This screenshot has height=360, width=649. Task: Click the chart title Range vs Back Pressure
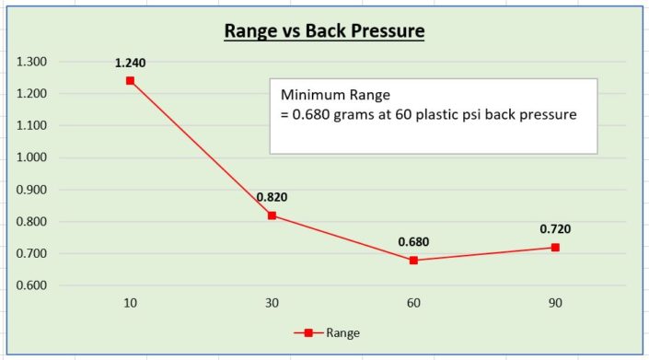point(324,31)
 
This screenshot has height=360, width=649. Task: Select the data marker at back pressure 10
point(130,81)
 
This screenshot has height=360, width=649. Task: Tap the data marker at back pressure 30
point(272,215)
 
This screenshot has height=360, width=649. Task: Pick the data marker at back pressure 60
point(413,261)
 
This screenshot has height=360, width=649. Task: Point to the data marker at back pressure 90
point(555,248)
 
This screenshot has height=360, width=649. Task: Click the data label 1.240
point(130,64)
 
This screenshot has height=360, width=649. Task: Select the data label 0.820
point(272,198)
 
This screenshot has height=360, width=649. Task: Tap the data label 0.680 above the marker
point(413,242)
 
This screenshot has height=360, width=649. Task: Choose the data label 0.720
point(555,229)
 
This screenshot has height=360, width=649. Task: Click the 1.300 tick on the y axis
point(32,62)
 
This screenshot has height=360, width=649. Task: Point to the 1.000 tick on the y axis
point(32,157)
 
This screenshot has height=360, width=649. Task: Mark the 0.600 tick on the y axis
point(32,285)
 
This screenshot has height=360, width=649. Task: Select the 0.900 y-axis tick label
point(32,190)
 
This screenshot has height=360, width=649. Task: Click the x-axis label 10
point(130,303)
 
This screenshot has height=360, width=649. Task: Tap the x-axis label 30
point(272,303)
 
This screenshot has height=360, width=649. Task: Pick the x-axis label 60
point(413,303)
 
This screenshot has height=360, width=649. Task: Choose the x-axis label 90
point(555,303)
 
